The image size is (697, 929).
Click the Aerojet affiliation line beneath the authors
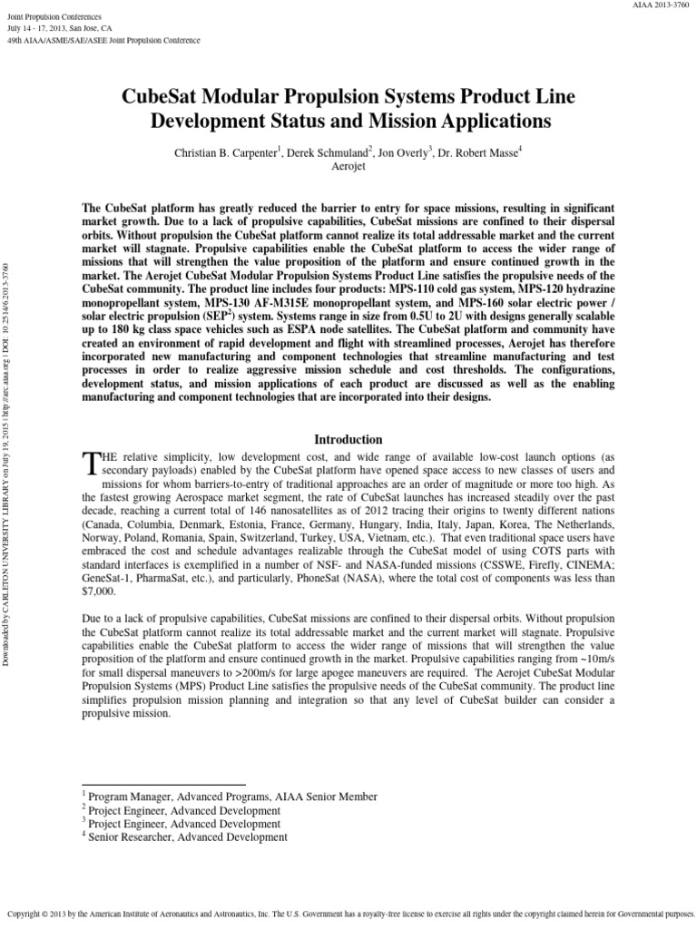tap(348, 168)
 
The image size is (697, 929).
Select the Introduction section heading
tap(348, 440)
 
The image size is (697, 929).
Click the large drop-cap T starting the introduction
tap(89, 464)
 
